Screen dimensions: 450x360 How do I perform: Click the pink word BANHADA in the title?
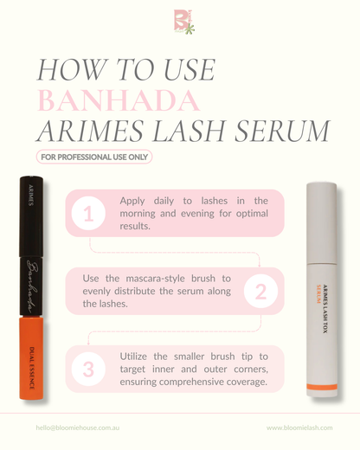click(x=119, y=100)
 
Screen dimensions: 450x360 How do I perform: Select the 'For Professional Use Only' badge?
click(x=93, y=157)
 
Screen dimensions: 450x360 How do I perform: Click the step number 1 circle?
click(x=88, y=214)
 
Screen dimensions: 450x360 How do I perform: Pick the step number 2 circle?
click(x=260, y=292)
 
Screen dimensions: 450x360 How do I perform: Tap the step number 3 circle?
click(x=88, y=370)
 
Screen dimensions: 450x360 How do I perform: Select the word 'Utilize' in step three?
click(x=140, y=357)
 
